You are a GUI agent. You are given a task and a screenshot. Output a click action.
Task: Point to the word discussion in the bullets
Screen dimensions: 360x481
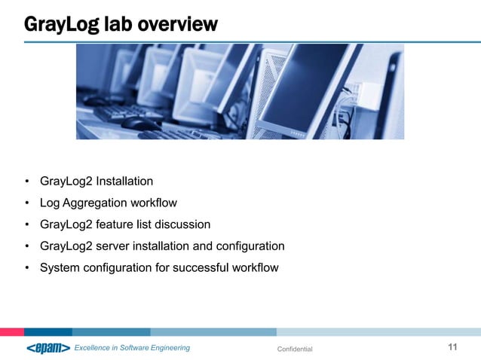click(x=179, y=224)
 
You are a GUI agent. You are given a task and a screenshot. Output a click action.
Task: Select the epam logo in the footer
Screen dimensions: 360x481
click(x=47, y=347)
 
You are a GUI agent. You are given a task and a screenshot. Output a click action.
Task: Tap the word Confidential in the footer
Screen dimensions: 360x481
click(x=295, y=349)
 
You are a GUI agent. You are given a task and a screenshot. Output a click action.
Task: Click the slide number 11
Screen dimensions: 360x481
click(x=452, y=347)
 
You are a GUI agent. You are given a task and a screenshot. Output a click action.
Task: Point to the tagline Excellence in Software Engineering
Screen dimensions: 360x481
click(x=131, y=348)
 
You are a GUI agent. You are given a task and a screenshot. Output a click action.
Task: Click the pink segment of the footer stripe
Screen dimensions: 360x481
click(x=11, y=331)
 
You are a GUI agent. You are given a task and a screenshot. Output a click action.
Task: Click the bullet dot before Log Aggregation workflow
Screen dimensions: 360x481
click(x=26, y=203)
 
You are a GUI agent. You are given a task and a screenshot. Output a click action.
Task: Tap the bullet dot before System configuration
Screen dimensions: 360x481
click(x=26, y=268)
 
